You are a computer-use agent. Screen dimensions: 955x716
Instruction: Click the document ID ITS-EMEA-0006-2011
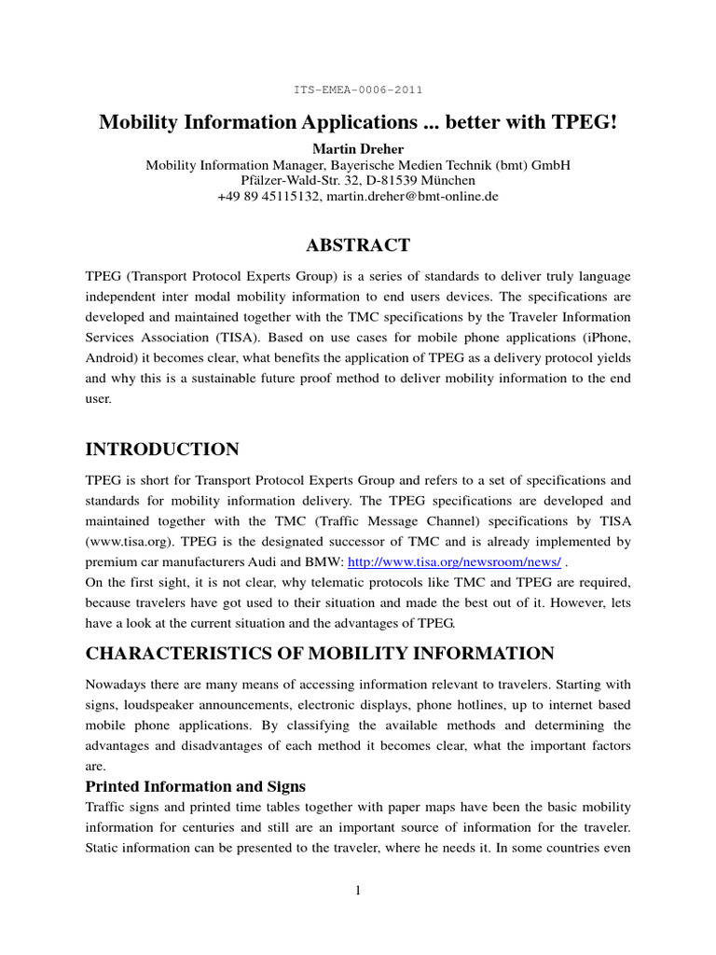(x=358, y=90)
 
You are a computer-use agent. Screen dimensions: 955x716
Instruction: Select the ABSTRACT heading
(x=358, y=245)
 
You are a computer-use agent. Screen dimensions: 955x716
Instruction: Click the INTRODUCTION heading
(x=162, y=450)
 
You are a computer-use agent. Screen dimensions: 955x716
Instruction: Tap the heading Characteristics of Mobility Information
(x=320, y=653)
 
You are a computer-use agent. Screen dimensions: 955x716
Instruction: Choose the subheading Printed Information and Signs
(x=196, y=785)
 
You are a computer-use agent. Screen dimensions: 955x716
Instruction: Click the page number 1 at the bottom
(x=358, y=891)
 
